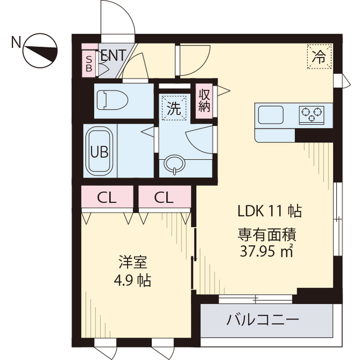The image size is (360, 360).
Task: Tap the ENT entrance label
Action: [113, 55]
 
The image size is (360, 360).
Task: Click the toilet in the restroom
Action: [112, 100]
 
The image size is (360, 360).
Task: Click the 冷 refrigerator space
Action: [319, 56]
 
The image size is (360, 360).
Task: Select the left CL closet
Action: [106, 197]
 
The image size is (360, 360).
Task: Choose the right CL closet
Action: [164, 197]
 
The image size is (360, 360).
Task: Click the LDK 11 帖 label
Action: [269, 211]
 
